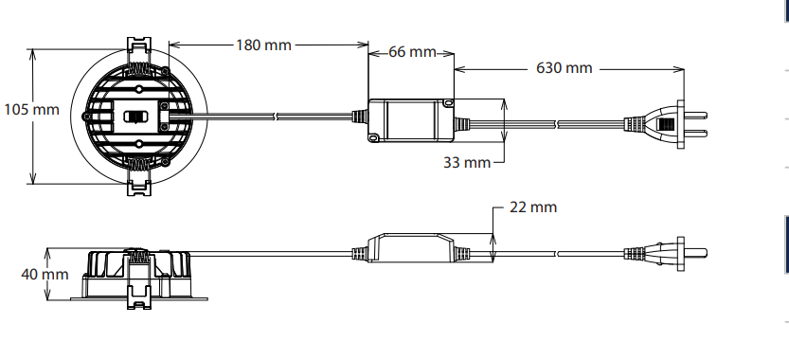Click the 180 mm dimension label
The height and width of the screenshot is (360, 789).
click(x=263, y=45)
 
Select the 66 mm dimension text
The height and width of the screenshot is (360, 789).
click(x=412, y=52)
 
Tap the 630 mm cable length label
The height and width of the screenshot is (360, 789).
click(x=565, y=68)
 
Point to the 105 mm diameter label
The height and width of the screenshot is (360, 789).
click(x=31, y=109)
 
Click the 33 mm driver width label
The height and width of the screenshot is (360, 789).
click(x=466, y=163)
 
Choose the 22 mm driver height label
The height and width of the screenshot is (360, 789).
click(x=533, y=207)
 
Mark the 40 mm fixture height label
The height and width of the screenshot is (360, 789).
click(x=45, y=275)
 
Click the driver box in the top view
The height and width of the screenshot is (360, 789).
click(x=411, y=120)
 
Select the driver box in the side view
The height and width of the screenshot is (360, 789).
click(x=411, y=247)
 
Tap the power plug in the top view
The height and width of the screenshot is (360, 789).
click(x=665, y=124)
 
